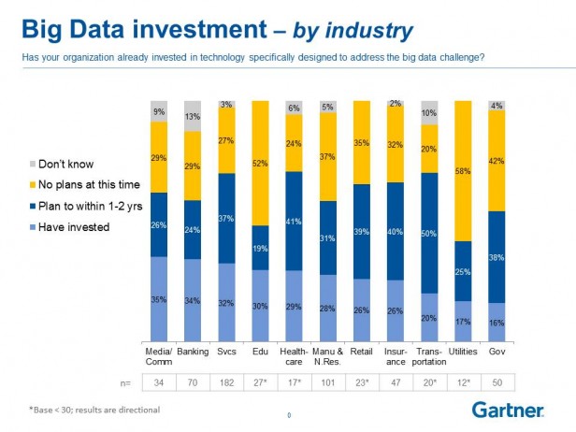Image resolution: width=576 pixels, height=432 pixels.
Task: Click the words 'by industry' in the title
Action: [353, 31]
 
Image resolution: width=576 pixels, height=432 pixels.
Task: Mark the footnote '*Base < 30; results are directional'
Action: [93, 409]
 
